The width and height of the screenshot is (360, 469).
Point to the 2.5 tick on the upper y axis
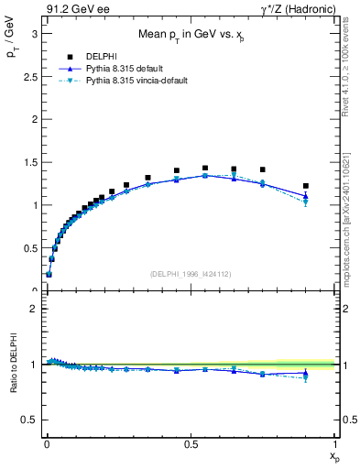(x=29, y=76)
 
